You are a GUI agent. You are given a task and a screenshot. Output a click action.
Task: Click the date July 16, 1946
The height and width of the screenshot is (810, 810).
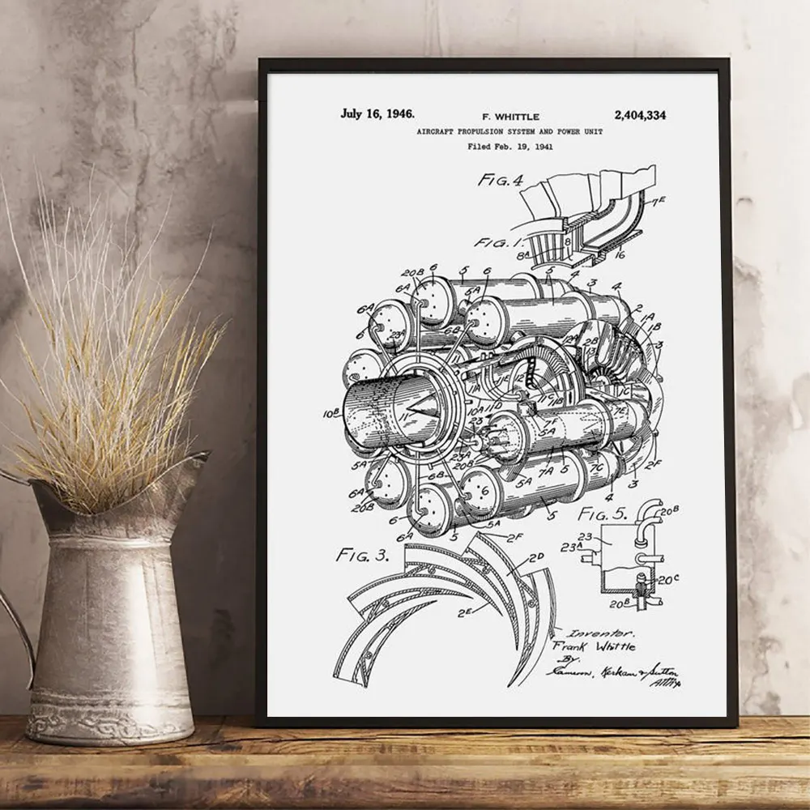[377, 113]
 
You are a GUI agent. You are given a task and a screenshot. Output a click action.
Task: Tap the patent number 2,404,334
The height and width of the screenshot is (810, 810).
[640, 115]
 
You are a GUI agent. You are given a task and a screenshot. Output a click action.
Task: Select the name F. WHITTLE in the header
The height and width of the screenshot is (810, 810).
[509, 117]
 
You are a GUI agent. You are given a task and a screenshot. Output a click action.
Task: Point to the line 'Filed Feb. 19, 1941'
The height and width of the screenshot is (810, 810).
[510, 147]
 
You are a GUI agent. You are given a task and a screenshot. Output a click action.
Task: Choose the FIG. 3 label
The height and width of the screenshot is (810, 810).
[362, 556]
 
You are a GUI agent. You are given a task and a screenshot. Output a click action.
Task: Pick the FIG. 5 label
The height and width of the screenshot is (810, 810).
[603, 513]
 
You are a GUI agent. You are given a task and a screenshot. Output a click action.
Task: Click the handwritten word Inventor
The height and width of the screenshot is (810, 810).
[595, 633]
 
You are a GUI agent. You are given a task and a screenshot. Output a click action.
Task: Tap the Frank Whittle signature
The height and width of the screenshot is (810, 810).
[594, 646]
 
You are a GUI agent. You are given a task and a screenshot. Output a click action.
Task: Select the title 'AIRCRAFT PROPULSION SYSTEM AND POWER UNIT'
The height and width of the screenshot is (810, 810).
[509, 131]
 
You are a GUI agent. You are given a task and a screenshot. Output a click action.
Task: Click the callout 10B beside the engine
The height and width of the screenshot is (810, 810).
[330, 413]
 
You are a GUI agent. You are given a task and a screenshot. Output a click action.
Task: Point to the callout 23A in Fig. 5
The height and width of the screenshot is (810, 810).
[572, 548]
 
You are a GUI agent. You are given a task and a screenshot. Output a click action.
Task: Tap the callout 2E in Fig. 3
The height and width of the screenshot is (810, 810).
[465, 613]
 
